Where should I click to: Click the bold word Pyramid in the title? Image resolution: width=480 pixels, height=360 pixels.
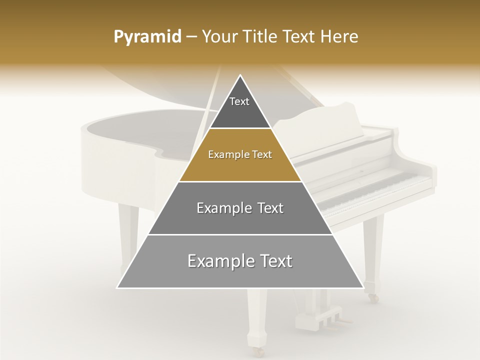click(147, 37)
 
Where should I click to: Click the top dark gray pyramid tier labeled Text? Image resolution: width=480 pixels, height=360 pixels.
click(240, 107)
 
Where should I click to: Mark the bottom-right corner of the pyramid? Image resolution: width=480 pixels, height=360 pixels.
click(363, 287)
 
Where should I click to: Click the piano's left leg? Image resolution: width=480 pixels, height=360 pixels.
click(128, 235)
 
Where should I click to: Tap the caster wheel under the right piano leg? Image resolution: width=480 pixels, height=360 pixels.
click(373, 298)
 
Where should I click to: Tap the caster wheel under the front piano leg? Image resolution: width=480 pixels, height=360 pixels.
click(258, 351)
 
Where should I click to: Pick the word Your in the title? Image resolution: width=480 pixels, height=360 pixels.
click(220, 37)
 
